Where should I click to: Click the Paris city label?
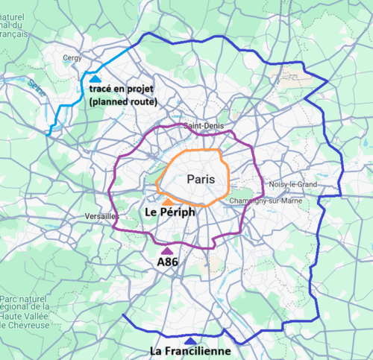point(201,179)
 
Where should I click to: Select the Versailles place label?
point(101,216)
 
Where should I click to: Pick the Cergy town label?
point(72,56)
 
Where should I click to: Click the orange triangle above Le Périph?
point(169,201)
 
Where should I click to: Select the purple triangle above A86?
point(166,250)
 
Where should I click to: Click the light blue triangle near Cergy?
point(95,78)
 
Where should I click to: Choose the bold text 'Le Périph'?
point(168,212)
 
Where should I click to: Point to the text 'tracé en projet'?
point(122,89)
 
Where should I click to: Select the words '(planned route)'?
point(122,101)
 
